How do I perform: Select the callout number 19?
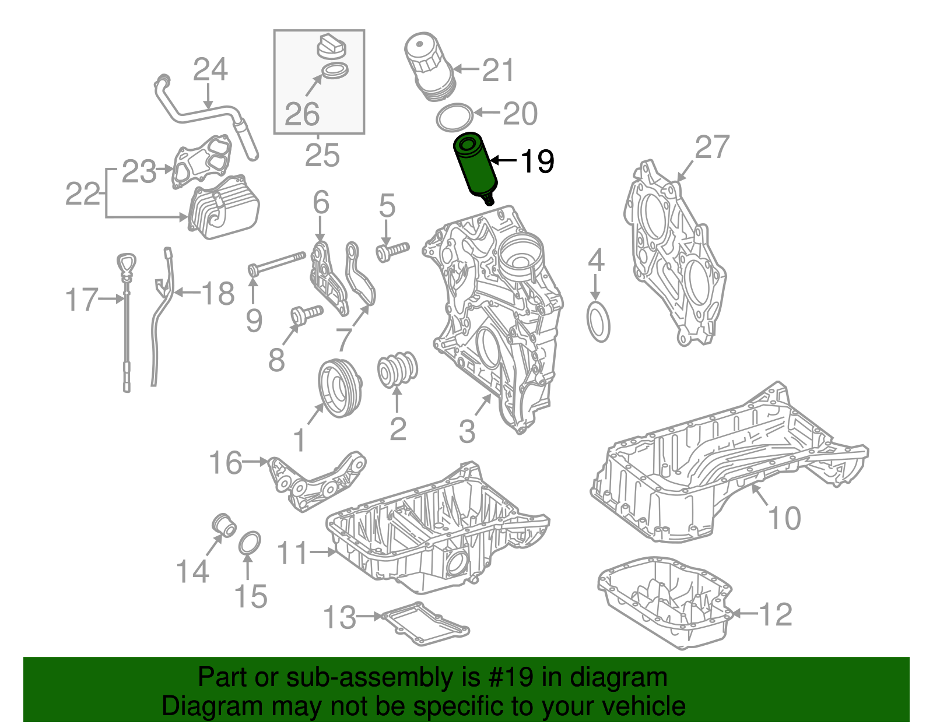(x=536, y=161)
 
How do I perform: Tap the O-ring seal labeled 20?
(x=454, y=118)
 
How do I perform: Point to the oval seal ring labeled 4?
(x=598, y=322)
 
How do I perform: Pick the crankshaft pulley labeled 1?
(x=340, y=388)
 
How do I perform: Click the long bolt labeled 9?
(x=277, y=263)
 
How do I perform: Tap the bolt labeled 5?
(x=392, y=251)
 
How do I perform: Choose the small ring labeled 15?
(x=250, y=543)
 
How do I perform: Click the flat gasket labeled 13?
(x=424, y=624)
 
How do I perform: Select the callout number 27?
(x=712, y=147)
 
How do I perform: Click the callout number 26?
(x=302, y=114)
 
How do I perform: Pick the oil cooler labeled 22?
(x=223, y=207)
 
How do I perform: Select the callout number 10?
(x=784, y=518)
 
